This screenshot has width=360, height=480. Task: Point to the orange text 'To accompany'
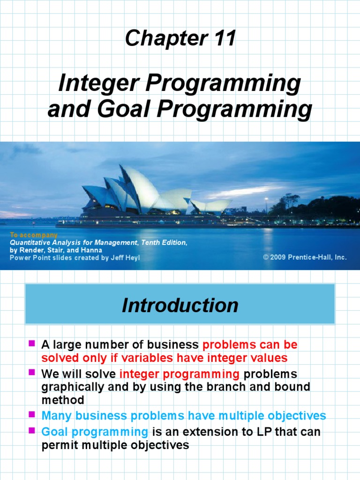34,235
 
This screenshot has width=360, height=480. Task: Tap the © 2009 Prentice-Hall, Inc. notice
305,257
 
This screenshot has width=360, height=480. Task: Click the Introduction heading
180,306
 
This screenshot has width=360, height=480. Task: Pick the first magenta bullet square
32,344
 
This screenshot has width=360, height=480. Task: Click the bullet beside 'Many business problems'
32,414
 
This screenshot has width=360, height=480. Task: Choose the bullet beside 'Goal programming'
32,430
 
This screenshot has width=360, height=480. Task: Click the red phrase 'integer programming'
180,375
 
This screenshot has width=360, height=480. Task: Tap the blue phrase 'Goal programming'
95,432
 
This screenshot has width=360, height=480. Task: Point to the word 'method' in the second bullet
63,400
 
